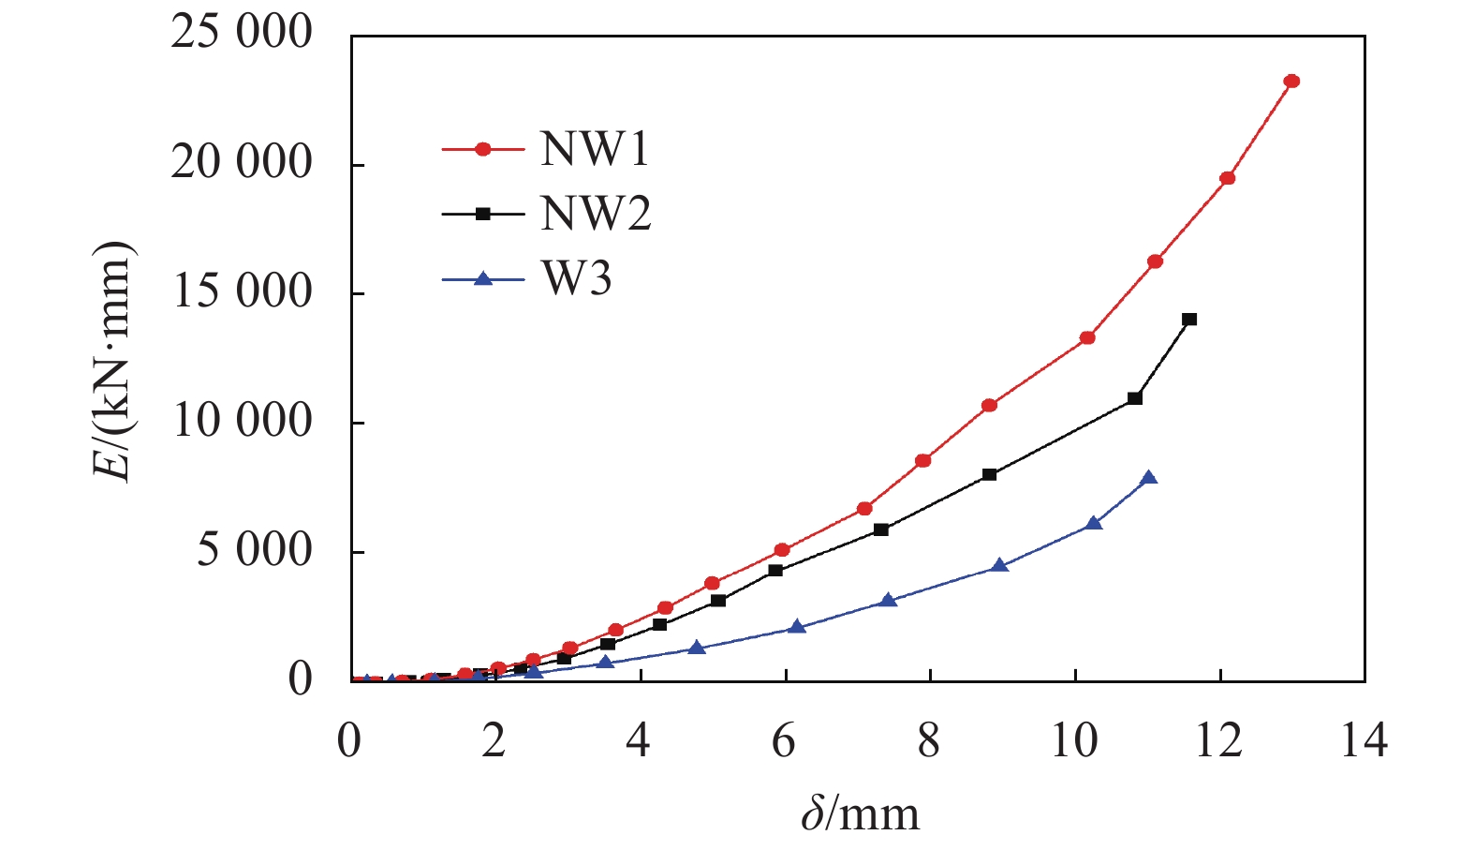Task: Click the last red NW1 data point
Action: tap(1291, 82)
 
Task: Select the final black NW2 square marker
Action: tap(1189, 320)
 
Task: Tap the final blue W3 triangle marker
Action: tap(1149, 478)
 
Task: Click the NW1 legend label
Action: tap(595, 149)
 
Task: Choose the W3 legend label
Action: tap(576, 278)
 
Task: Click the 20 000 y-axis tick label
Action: tap(241, 163)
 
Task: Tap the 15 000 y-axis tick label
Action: tap(241, 292)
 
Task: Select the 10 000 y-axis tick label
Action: tap(241, 422)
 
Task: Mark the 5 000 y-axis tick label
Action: tap(253, 551)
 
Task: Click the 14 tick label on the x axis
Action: tap(1364, 742)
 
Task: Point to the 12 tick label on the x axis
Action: tap(1219, 742)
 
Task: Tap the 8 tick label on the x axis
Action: tap(929, 742)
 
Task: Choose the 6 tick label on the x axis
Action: tap(784, 742)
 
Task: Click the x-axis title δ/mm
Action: tap(860, 814)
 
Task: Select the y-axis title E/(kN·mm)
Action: tap(115, 360)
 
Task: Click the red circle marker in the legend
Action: tap(483, 149)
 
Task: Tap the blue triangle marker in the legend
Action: tap(483, 278)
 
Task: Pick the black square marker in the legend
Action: tap(483, 214)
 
